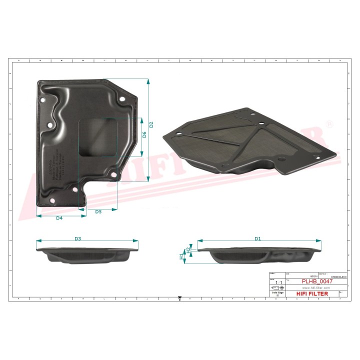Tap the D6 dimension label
[144, 134]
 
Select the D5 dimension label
[98, 212]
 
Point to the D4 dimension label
[59, 218]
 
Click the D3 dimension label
[78, 239]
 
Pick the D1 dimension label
[257, 239]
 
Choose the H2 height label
[188, 248]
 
